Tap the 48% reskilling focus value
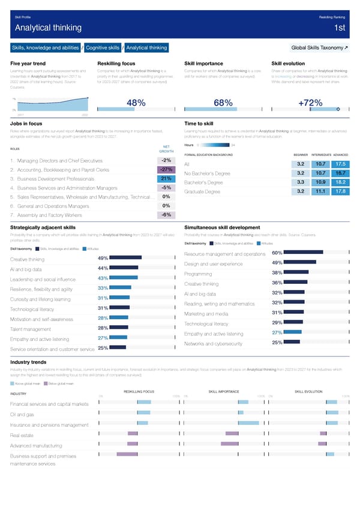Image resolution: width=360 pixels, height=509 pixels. (x=137, y=103)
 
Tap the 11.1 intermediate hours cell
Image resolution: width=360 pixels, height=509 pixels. (x=320, y=191)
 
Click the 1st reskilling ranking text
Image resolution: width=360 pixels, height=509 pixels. (x=339, y=28)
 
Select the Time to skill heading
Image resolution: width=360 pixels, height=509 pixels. (x=200, y=123)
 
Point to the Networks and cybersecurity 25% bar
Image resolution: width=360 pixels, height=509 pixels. (x=292, y=342)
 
